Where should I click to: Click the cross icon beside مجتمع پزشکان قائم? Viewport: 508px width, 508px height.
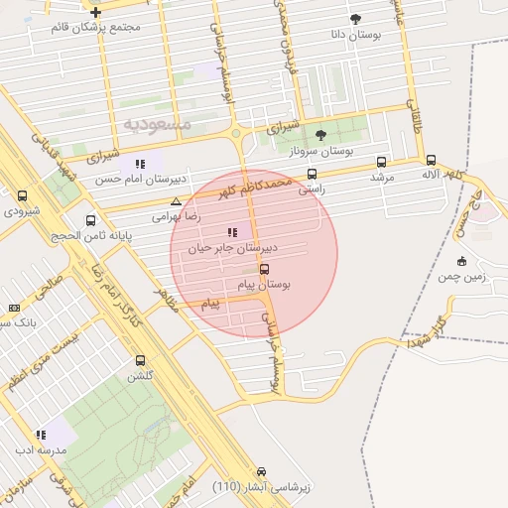(x=95, y=12)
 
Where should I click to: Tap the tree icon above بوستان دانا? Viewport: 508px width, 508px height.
(x=356, y=19)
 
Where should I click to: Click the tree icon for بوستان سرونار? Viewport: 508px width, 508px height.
(x=319, y=135)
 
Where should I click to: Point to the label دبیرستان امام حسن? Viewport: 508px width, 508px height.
(x=137, y=180)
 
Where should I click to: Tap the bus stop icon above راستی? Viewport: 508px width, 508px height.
(x=313, y=173)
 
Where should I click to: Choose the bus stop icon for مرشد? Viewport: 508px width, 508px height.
(x=381, y=163)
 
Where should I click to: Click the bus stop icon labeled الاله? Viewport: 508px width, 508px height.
(x=431, y=160)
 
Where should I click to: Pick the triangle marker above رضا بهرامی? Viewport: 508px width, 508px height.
(x=176, y=201)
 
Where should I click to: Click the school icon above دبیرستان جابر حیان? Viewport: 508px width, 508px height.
(x=232, y=232)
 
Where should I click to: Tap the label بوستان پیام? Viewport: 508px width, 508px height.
(x=265, y=285)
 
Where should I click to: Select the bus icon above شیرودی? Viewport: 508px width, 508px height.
(x=23, y=195)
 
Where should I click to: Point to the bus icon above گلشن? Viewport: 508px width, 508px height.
(x=139, y=361)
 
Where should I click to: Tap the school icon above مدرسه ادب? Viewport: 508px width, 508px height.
(x=41, y=435)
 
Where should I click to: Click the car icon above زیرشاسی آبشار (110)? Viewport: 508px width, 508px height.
(x=262, y=472)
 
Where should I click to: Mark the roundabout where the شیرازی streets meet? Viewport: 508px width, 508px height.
(x=236, y=135)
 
